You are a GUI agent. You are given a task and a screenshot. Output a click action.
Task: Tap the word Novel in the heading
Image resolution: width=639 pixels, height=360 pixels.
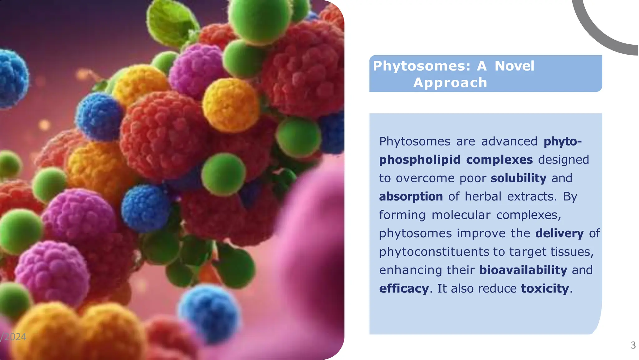(515, 66)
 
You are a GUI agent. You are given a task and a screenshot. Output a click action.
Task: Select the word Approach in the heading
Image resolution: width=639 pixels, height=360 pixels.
(450, 83)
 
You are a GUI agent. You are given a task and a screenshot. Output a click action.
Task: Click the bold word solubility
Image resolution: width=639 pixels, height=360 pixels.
(518, 178)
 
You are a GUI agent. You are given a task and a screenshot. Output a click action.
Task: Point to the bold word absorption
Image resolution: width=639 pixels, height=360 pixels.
(411, 197)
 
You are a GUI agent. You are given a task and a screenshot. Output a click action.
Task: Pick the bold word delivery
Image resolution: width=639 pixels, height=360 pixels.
(559, 234)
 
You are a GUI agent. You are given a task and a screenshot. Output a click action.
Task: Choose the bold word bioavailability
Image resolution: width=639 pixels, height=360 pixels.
(523, 270)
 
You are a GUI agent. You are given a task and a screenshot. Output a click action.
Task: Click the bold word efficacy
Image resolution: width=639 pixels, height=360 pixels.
(404, 288)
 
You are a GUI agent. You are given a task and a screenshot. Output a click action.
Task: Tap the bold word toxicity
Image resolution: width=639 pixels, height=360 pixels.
(545, 288)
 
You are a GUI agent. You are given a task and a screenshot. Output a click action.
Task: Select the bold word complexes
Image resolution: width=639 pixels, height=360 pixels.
(499, 160)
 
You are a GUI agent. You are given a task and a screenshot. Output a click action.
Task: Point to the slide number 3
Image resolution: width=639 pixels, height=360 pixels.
(633, 345)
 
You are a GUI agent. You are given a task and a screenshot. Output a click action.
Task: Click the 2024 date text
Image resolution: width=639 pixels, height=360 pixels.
(14, 337)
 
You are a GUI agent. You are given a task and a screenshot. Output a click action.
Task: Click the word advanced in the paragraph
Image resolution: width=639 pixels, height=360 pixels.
(509, 141)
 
